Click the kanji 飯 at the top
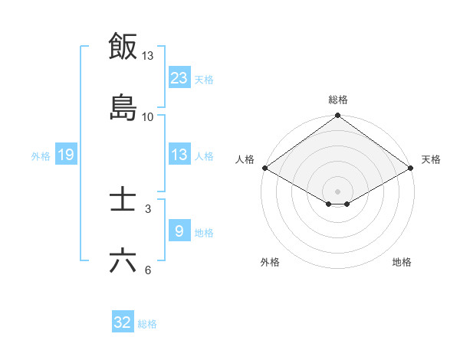[x=123, y=46]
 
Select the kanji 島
[x=123, y=107]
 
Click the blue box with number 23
[x=179, y=77]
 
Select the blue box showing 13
[x=179, y=155]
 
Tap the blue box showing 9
[x=179, y=231]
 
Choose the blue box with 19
[x=66, y=155]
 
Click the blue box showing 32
[x=123, y=322]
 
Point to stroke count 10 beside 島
[x=148, y=116]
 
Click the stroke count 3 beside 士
[x=148, y=208]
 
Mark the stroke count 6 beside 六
[x=148, y=270]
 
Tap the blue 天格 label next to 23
[x=204, y=79]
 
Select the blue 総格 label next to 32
[x=147, y=324]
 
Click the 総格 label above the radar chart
[x=338, y=100]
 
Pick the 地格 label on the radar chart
[x=402, y=262]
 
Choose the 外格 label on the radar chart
[x=270, y=262]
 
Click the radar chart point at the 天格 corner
[x=412, y=168]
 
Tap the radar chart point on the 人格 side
[x=264, y=168]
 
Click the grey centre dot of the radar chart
[x=338, y=191]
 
